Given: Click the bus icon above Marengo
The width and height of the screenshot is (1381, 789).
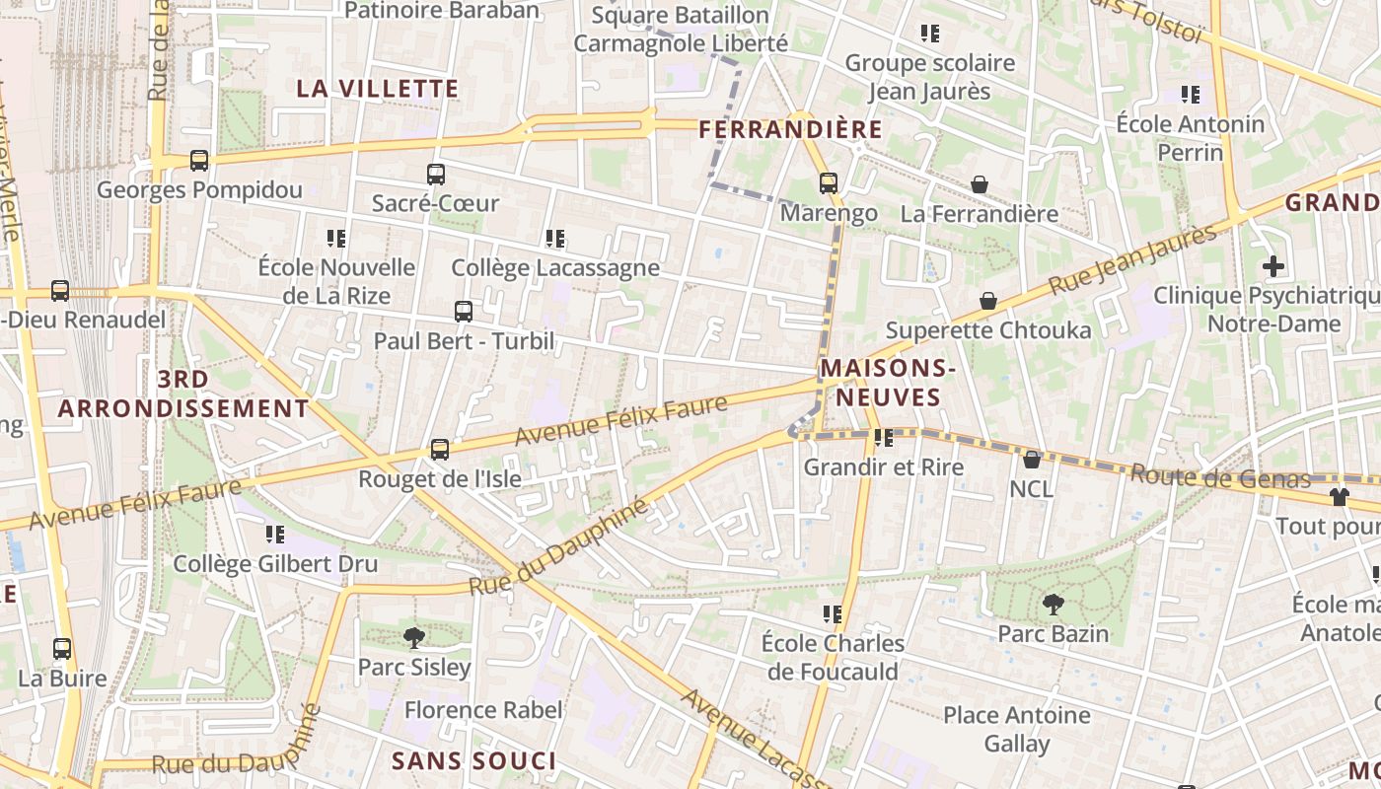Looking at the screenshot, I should pos(828,183).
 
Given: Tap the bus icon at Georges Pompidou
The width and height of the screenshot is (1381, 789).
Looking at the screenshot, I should pos(198,161).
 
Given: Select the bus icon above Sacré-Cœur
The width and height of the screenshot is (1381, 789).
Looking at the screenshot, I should pos(435,175).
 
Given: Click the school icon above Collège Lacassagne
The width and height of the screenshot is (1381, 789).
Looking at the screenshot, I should pos(555,239).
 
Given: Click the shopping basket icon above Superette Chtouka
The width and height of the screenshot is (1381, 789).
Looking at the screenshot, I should pos(987,301).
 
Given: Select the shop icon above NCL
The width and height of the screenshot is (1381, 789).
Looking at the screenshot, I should pos(1031,460).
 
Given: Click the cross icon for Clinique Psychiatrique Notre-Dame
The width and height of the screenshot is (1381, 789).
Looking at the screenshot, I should pos(1273,266).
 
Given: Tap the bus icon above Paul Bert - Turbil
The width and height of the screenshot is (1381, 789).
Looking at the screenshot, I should pos(464,313).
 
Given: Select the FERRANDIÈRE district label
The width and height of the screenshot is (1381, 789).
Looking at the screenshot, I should pos(790,130).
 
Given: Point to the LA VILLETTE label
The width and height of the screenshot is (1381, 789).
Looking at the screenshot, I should pos(378,89).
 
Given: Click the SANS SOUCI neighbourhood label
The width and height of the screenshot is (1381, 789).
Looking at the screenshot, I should pos(473,761).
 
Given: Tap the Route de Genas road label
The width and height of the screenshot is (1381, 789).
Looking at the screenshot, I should pos(1219,478).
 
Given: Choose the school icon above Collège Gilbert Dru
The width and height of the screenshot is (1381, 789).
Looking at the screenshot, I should pos(275,535).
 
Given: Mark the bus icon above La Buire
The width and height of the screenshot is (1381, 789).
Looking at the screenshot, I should pos(62,649).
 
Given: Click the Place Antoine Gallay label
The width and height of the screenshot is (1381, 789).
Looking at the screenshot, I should pos(1016,729).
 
